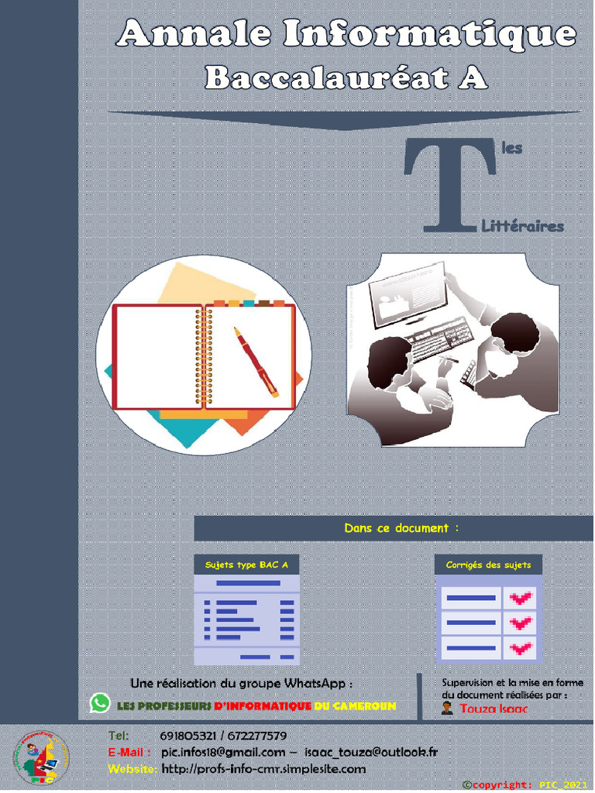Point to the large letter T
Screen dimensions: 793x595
(450, 185)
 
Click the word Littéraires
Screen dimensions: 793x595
(523, 227)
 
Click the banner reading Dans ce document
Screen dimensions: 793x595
(401, 528)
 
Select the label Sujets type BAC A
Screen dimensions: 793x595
(246, 565)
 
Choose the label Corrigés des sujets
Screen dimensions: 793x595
(488, 565)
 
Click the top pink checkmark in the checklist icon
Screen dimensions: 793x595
(521, 598)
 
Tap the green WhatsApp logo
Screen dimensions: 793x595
(100, 703)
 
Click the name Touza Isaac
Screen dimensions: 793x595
(494, 709)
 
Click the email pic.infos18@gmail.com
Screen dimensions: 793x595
(223, 752)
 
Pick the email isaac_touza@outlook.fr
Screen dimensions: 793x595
(371, 752)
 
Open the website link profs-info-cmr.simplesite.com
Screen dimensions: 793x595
(263, 769)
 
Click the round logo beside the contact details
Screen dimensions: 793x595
(41, 758)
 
